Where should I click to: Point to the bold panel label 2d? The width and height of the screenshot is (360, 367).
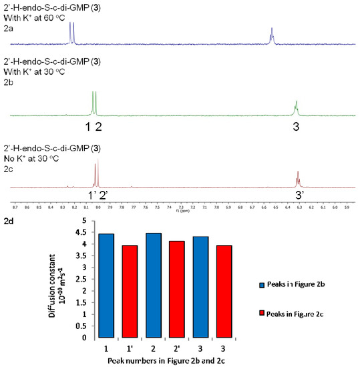pyautogui.click(x=10, y=220)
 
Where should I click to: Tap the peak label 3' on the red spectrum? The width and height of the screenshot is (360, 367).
pyautogui.click(x=300, y=194)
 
